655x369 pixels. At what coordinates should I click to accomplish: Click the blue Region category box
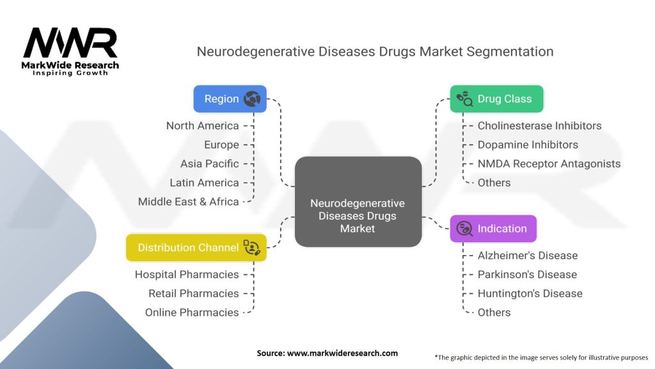pos(230,99)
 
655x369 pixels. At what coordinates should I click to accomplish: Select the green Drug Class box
pos(496,99)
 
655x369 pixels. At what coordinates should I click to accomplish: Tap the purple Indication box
pos(493,229)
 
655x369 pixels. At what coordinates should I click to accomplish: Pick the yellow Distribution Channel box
pos(196,247)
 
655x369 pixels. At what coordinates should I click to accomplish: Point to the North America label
pos(202,126)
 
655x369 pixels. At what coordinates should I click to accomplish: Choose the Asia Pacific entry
pos(209,163)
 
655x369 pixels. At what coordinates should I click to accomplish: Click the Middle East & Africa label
pos(188,201)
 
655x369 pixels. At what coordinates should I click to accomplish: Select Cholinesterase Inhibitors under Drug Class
pos(539,126)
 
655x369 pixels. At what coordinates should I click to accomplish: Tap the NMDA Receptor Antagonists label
pos(549,163)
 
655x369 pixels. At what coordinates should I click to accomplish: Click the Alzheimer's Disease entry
pos(527,255)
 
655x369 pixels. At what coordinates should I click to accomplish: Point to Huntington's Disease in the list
pos(530,293)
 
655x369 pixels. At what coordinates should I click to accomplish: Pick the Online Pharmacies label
pos(192,312)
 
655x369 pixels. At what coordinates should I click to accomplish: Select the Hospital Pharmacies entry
pos(187,274)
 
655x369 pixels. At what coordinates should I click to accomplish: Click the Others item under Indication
pos(494,312)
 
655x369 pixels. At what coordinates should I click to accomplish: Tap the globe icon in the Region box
pos(251,99)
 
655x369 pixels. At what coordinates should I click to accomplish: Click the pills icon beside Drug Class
pos(464,99)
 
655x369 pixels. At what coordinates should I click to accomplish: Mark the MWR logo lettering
pos(70,44)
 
